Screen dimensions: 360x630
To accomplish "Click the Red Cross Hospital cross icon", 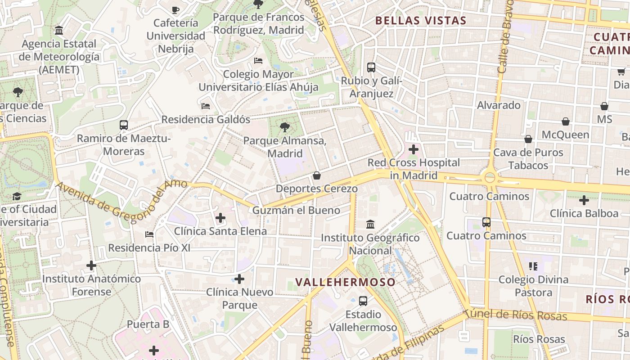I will click(414, 149).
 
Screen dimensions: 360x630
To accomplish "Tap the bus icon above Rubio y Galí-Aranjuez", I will click(371, 67).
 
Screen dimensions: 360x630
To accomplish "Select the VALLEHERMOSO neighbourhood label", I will click(346, 282).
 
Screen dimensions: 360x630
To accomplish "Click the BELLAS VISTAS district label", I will click(421, 20).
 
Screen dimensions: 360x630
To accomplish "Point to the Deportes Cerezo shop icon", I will click(317, 175).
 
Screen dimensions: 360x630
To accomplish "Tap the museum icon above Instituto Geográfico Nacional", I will click(370, 224).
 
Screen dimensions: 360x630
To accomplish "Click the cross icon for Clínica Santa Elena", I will click(220, 218).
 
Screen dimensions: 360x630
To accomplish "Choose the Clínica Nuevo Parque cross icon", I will click(239, 279).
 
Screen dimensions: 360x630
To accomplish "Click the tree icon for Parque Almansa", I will click(284, 127).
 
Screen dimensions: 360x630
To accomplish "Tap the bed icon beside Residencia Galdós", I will click(206, 106).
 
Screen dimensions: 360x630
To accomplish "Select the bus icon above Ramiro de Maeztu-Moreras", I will click(124, 125).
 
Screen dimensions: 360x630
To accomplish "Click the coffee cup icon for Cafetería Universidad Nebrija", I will click(175, 9).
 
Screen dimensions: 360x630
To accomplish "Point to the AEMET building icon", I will click(59, 31).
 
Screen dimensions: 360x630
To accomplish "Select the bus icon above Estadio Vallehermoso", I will click(363, 301).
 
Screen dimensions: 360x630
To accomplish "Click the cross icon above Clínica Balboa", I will click(584, 200).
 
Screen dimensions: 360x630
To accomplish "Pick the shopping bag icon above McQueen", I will click(566, 121).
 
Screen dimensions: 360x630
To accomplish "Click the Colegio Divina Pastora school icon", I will click(533, 266).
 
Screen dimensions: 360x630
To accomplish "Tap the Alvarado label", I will click(499, 105).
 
